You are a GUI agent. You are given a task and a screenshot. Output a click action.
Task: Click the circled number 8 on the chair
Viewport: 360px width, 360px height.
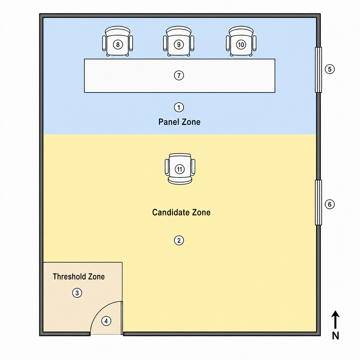tap(118, 45)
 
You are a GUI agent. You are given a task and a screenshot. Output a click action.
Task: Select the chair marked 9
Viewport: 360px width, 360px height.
tap(179, 41)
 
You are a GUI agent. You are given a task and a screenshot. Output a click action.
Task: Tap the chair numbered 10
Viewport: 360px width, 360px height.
tap(241, 41)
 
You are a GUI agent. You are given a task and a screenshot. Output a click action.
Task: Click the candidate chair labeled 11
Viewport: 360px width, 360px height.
tap(180, 169)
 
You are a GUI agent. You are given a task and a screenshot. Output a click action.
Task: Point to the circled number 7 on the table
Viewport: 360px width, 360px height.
tap(179, 75)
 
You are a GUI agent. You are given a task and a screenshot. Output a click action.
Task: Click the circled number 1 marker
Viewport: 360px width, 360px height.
tap(179, 107)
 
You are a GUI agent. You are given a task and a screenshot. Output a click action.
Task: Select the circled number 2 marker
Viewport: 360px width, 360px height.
tap(179, 240)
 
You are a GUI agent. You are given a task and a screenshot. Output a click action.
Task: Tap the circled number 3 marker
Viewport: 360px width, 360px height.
tap(77, 293)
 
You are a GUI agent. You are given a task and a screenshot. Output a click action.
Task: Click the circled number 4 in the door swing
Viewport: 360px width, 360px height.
tap(106, 321)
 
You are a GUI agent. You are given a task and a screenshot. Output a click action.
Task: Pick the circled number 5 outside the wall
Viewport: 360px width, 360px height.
tap(330, 69)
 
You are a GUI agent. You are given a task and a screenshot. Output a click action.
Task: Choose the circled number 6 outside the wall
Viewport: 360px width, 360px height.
tap(330, 204)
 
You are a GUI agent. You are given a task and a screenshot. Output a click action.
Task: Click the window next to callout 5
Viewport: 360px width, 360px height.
tap(318, 70)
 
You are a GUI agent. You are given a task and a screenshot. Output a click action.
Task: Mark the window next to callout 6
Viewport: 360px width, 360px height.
tap(318, 202)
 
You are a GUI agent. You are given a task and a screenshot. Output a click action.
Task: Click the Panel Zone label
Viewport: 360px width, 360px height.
tap(179, 122)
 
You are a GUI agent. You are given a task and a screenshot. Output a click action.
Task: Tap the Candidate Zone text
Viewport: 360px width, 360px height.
tap(181, 212)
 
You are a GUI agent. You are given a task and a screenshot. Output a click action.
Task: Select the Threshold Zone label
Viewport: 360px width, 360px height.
tap(79, 277)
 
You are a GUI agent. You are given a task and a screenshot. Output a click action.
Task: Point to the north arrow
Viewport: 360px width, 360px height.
tap(335, 320)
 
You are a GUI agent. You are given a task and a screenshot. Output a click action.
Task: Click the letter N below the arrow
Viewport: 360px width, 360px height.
tap(335, 336)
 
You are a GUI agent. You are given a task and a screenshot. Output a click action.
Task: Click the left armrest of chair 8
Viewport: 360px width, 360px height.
tap(104, 43)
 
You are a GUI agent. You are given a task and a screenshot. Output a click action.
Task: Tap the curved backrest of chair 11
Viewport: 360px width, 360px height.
tap(180, 181)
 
